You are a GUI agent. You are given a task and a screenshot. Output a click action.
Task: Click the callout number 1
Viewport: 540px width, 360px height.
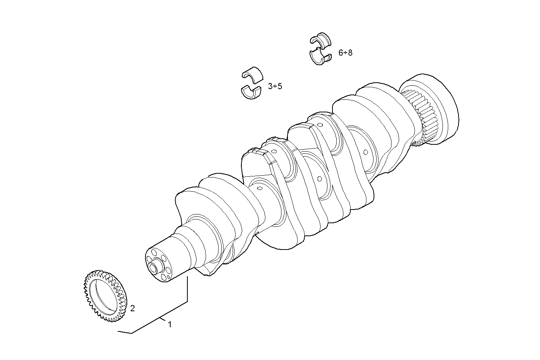coord(169,325)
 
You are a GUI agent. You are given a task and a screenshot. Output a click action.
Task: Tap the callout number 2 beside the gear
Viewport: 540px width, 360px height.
coord(132,308)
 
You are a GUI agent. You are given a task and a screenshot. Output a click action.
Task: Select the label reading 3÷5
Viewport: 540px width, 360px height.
coord(275,86)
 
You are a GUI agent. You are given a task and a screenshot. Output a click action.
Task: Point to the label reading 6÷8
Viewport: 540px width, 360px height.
coord(345,53)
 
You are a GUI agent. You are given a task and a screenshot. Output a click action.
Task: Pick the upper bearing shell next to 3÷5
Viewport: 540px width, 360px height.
coord(252,74)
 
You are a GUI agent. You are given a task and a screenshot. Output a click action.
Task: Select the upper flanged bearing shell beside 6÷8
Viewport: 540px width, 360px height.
coord(320,41)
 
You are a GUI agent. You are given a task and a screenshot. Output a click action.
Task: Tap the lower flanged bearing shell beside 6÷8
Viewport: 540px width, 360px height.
coord(320,57)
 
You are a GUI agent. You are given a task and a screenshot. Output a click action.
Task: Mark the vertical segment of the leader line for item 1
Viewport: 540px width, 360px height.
coord(187,290)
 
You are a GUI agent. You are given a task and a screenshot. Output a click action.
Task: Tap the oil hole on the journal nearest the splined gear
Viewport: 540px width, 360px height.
coord(366,152)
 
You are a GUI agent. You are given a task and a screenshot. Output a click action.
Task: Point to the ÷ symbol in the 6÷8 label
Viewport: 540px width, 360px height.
coord(345,53)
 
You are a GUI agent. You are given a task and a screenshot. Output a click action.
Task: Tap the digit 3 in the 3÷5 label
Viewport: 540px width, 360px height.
coord(270,86)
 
